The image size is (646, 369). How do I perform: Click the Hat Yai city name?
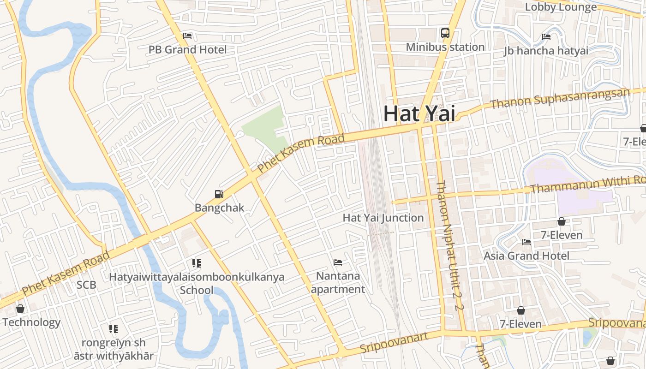point(419,114)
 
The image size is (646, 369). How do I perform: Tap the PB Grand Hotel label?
point(187,49)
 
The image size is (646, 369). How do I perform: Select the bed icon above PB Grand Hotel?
point(187,36)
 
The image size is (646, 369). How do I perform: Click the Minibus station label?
point(445,47)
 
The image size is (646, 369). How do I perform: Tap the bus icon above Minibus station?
point(445,33)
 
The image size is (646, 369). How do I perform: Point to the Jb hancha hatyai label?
point(546,51)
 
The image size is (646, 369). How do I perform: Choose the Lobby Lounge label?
point(561,7)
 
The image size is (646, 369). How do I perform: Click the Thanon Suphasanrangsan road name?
point(560,99)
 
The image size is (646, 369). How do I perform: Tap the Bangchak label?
point(219,208)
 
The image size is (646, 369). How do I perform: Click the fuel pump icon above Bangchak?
point(219,194)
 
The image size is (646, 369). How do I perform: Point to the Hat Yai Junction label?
point(383,218)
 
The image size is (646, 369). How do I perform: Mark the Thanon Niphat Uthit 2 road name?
point(447,245)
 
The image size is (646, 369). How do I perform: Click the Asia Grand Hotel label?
point(526,256)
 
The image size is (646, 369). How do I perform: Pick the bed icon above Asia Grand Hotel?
point(526,242)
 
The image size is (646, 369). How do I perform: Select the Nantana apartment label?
point(338,282)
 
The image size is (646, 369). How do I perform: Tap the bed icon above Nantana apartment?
point(338,262)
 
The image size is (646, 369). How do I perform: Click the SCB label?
point(86,285)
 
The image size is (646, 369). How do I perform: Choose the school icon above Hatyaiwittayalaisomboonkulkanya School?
point(197,263)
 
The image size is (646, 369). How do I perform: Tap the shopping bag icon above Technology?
point(20,309)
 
